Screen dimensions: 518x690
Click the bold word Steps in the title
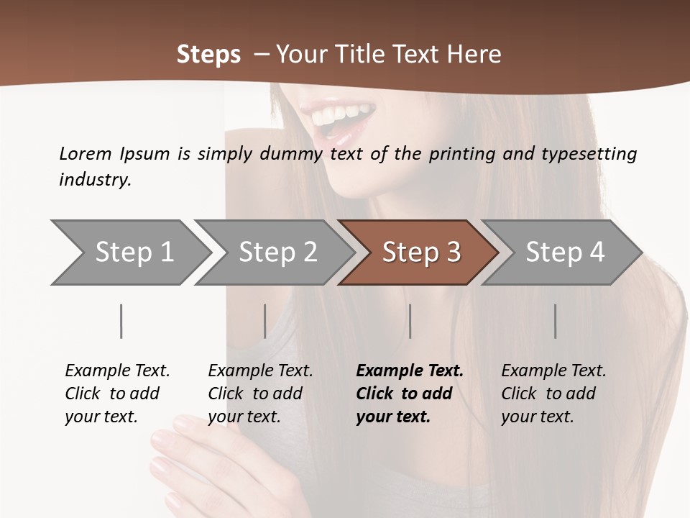(208, 55)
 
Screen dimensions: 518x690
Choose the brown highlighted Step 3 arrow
(421, 253)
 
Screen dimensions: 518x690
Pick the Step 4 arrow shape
(565, 253)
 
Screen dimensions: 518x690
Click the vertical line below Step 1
(121, 321)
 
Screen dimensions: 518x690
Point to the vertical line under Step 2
(265, 321)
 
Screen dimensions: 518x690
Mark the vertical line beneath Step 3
(410, 321)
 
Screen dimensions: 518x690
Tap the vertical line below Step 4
(556, 321)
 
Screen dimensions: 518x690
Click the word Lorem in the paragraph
(86, 154)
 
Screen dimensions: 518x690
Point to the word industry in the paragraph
(94, 179)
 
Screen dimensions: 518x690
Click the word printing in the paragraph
(461, 154)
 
